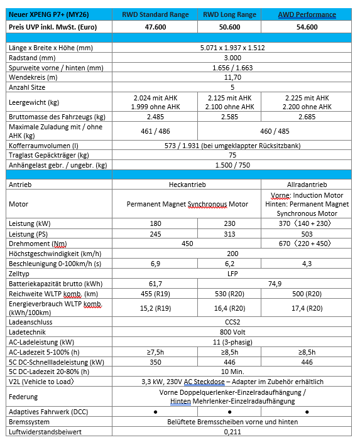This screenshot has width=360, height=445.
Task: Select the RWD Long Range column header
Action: [231, 14]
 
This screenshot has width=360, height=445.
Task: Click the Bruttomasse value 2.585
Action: [231, 117]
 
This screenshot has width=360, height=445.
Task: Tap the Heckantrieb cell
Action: [185, 186]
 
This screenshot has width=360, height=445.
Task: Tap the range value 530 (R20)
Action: [231, 294]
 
